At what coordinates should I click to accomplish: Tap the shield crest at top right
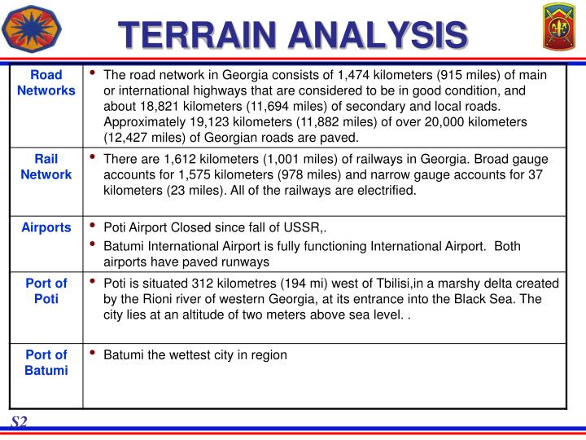coord(559,29)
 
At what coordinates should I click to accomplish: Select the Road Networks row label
coord(46,82)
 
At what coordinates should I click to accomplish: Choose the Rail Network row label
coord(46,166)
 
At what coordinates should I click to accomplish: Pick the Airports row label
coord(46,227)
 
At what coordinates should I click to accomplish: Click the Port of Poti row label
coord(46,291)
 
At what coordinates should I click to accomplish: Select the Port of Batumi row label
coord(46,362)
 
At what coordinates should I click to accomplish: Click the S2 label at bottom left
coord(20,421)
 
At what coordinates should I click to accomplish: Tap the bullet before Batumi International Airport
coord(94,245)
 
